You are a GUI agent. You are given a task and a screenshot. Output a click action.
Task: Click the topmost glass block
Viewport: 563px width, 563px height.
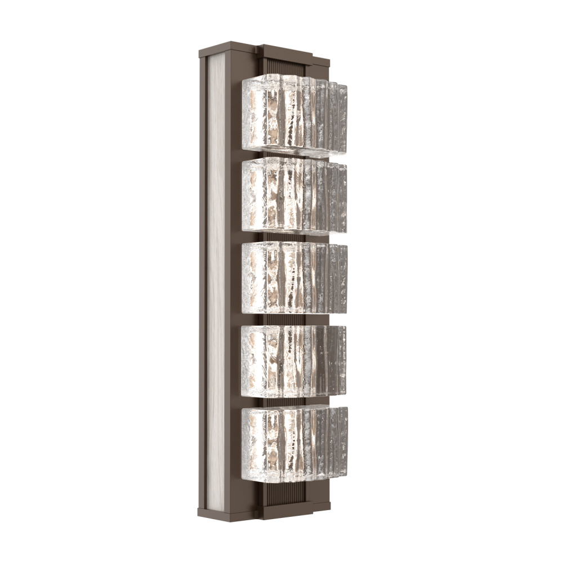(x=293, y=115)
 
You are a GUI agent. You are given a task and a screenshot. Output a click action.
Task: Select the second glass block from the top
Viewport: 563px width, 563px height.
(x=293, y=196)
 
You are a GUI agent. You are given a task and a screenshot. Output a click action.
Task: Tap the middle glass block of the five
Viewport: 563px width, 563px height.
(x=293, y=278)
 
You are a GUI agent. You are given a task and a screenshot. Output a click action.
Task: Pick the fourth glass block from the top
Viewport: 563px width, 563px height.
(x=293, y=360)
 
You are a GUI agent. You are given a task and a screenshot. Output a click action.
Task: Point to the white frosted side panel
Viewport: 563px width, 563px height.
(x=216, y=281)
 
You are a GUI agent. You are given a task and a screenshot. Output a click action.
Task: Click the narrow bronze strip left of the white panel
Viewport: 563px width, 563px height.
(x=203, y=281)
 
